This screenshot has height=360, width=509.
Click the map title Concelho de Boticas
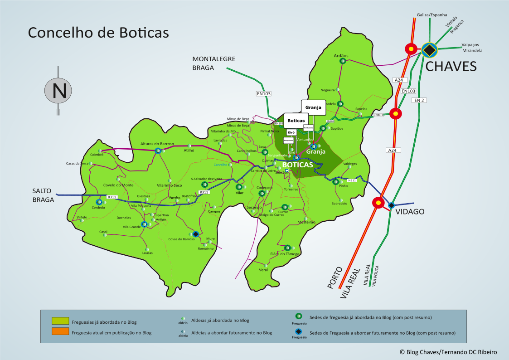point(98,33)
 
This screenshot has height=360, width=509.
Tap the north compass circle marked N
point(58,90)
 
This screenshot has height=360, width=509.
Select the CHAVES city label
point(451,67)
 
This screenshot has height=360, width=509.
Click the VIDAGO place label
point(410,211)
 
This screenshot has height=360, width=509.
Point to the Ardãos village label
point(341,55)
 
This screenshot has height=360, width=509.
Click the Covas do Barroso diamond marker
point(195,234)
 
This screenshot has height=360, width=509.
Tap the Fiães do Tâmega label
point(285,254)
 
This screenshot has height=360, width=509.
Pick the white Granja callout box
point(313,107)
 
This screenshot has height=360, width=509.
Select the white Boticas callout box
point(296,121)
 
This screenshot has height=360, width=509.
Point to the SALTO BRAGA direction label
point(43,195)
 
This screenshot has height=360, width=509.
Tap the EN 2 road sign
point(420,100)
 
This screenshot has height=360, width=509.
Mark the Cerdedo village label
point(98,208)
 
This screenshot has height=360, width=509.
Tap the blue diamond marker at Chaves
point(429,50)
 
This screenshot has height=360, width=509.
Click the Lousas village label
point(147,253)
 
